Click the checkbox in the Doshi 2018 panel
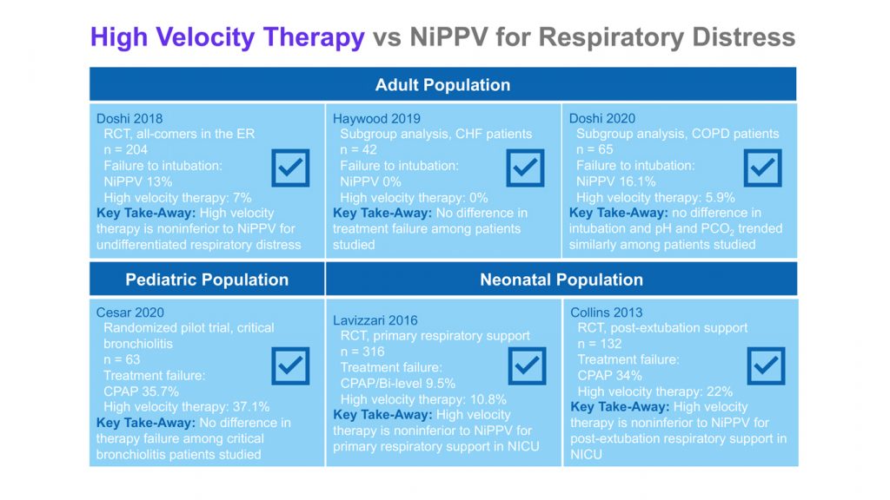tap(290, 168)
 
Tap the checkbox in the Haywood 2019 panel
tap(525, 168)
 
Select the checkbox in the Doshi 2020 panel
tap(762, 168)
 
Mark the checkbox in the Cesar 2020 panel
tap(290, 365)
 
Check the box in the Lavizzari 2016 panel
tap(527, 365)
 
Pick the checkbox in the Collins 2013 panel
tap(766, 365)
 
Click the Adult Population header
tap(442, 84)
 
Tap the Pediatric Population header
tap(207, 280)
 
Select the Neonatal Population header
tap(561, 280)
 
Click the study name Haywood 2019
tap(376, 118)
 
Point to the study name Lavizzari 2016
tap(375, 320)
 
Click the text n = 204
tap(125, 149)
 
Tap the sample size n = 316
tap(362, 352)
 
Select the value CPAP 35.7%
tap(141, 391)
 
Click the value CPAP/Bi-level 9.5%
tap(397, 383)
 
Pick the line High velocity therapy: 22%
tap(655, 391)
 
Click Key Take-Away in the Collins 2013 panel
tap(620, 407)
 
